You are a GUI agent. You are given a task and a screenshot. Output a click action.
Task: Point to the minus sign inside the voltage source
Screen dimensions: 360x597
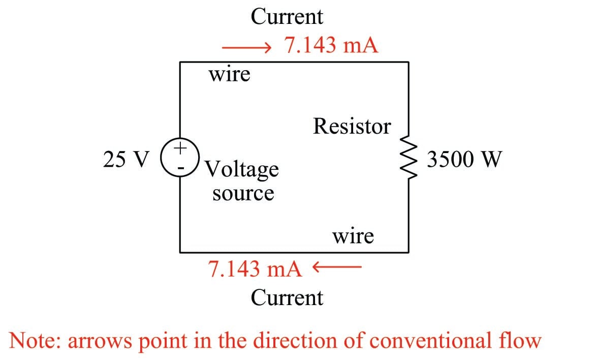pyautogui.click(x=180, y=166)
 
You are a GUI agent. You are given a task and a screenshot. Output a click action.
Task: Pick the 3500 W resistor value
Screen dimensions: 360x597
pyautogui.click(x=464, y=160)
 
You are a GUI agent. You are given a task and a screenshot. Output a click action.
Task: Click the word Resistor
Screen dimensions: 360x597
pyautogui.click(x=352, y=126)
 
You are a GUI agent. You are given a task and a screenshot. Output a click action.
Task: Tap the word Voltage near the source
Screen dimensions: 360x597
pyautogui.click(x=242, y=169)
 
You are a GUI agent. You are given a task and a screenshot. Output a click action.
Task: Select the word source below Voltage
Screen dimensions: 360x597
pyautogui.click(x=243, y=193)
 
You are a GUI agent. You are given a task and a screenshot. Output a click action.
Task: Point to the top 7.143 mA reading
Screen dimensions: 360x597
pyautogui.click(x=331, y=46)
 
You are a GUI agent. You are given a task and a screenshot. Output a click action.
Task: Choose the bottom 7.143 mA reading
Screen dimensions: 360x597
pyautogui.click(x=255, y=268)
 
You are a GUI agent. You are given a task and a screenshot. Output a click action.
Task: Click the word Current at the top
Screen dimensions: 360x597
pyautogui.click(x=287, y=16)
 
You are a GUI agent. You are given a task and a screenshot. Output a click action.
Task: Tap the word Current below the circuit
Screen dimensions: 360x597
pyautogui.click(x=287, y=297)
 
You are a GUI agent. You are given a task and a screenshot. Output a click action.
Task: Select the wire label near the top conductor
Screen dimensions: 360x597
pyautogui.click(x=230, y=75)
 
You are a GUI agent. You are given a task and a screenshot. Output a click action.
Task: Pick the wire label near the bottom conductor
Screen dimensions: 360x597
pyautogui.click(x=353, y=236)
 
